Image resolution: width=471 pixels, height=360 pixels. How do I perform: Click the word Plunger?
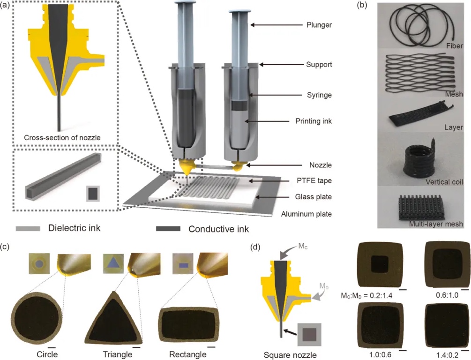tap(319, 25)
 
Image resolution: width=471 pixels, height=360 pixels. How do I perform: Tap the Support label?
tap(319, 65)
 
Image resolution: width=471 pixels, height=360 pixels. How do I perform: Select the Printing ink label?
tap(314, 121)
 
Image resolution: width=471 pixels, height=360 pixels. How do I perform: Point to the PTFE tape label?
tap(314, 181)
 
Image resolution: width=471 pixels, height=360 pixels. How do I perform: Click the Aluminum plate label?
tap(307, 214)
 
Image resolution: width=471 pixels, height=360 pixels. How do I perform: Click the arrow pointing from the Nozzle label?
tap(274, 165)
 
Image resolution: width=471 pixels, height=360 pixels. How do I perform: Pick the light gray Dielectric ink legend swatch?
tap(28, 229)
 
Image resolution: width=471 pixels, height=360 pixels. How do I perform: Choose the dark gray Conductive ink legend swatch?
tap(168, 229)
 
